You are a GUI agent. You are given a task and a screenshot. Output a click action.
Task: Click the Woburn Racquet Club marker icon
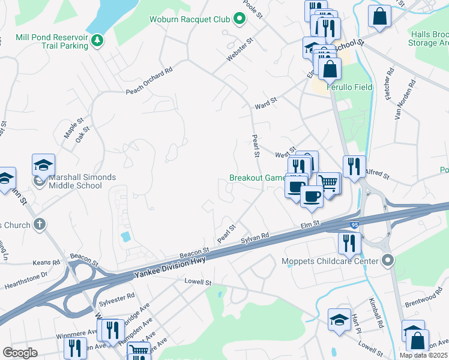point(240,18)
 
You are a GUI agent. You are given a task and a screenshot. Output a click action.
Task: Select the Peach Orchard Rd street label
point(149,80)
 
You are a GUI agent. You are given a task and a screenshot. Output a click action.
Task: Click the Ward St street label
point(265,103)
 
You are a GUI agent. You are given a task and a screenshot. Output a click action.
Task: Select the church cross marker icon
point(40,225)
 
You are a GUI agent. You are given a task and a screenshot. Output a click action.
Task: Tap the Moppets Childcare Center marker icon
point(387,260)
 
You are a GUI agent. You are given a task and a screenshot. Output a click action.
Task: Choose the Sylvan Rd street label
point(255,238)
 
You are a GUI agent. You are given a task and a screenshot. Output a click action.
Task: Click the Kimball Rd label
point(376,308)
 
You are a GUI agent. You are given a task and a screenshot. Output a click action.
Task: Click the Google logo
point(20,352)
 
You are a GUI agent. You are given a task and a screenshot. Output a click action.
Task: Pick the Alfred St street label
point(378,175)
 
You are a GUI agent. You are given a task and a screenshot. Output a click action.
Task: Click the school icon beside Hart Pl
point(339,319)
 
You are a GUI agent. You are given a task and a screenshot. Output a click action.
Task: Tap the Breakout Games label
point(258,178)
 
